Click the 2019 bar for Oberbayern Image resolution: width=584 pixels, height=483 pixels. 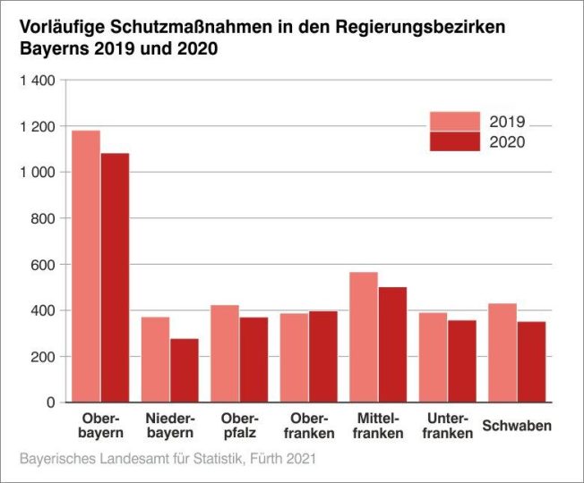[86, 267]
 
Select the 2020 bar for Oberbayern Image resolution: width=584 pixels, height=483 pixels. [115, 278]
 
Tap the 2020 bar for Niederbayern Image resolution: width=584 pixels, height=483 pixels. [184, 370]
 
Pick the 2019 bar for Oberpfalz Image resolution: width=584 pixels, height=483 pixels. [225, 354]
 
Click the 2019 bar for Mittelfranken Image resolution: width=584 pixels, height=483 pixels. [364, 337]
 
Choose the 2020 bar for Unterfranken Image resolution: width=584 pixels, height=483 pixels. [461, 361]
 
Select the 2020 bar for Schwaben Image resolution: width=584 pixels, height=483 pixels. [531, 362]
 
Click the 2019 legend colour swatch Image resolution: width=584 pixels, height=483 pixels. [455, 122]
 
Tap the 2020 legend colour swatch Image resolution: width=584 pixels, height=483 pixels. [455, 141]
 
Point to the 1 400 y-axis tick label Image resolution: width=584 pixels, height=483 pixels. [38, 80]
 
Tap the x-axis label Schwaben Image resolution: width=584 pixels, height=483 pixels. [517, 426]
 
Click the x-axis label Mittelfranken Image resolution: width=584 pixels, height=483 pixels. [378, 426]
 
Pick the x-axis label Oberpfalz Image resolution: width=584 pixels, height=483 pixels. [239, 426]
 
